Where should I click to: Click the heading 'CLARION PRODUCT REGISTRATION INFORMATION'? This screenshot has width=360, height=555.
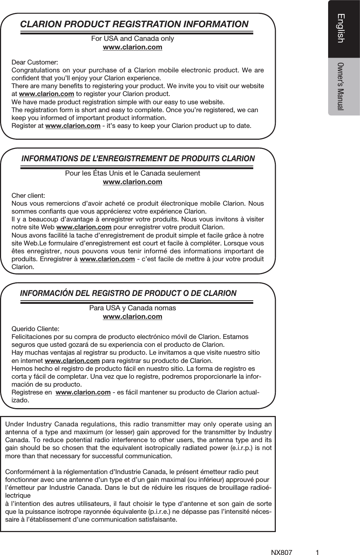point(134,24)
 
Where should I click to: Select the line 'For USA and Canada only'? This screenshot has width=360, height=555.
point(133,39)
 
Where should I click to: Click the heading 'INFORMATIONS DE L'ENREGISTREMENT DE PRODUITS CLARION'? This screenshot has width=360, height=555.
point(138,159)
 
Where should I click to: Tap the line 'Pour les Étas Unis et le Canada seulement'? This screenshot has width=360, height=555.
point(133,173)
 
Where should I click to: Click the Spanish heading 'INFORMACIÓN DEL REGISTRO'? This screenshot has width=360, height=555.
point(128,293)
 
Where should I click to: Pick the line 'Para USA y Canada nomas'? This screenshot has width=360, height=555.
point(133,308)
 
